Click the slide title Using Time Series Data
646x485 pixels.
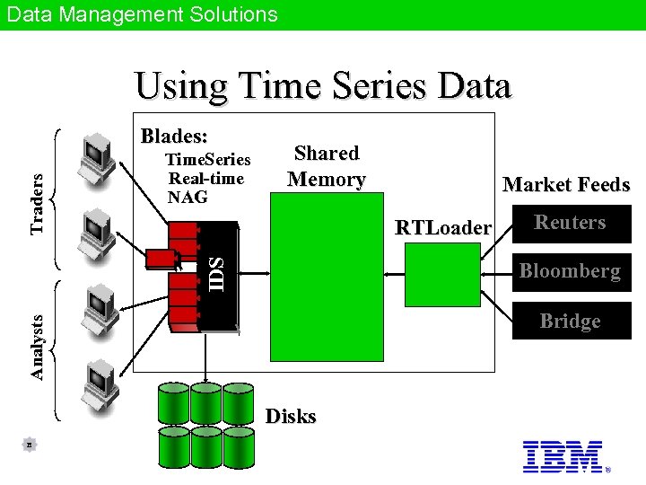point(323,87)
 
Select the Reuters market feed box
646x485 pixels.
point(570,223)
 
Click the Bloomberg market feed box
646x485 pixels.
point(570,271)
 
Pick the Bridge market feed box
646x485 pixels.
point(570,322)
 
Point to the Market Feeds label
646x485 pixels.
point(566,185)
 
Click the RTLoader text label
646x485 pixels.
point(443,228)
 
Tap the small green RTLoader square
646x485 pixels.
point(442,274)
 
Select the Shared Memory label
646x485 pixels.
point(327,166)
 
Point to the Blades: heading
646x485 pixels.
point(174,137)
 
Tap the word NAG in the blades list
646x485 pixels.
point(188,197)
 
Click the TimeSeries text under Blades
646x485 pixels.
point(207,160)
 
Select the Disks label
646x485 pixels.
point(291,416)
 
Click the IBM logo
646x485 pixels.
point(563,456)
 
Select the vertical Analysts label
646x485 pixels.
point(37,345)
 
